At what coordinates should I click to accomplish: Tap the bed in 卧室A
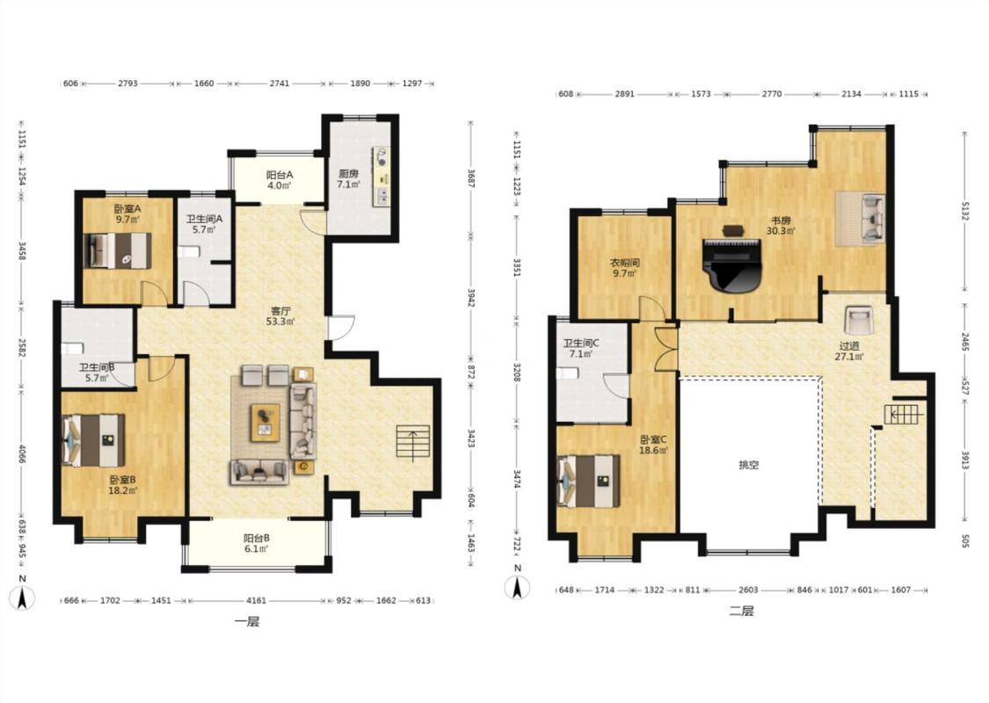[120, 250]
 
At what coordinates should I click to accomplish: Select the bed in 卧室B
[93, 440]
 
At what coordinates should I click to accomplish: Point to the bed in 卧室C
[588, 481]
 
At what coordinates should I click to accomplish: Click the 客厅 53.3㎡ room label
[280, 315]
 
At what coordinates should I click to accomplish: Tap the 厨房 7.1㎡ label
[348, 178]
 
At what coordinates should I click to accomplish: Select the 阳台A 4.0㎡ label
[278, 179]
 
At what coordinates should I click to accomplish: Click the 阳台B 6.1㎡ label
[257, 543]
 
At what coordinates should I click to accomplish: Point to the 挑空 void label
[749, 466]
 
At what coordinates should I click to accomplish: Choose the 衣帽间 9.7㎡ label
[624, 267]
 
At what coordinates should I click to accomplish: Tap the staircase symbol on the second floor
[903, 414]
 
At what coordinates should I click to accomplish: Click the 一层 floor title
[247, 622]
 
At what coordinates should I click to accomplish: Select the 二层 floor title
[741, 611]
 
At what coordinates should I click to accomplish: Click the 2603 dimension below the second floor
[747, 591]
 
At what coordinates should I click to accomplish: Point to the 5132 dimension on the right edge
[965, 211]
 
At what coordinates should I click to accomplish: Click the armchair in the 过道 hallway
[858, 320]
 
